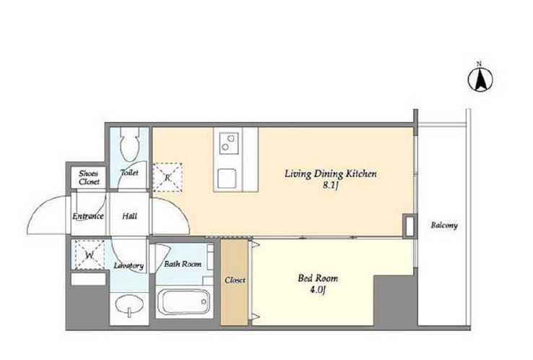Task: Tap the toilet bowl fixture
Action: [130, 145]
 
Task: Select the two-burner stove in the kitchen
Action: [229, 143]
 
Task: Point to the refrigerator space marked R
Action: [168, 177]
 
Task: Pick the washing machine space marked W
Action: [90, 255]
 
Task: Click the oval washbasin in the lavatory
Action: [129, 305]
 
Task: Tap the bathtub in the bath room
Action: [184, 301]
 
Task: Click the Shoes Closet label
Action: [89, 178]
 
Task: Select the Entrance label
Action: [87, 216]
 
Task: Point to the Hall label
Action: [129, 216]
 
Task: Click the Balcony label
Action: [444, 226]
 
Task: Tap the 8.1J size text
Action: [330, 186]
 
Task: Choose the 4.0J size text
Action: [318, 291]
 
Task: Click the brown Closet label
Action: [235, 280]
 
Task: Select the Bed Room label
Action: [318, 278]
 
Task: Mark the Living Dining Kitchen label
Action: [330, 174]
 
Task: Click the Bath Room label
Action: [183, 264]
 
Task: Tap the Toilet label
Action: [130, 173]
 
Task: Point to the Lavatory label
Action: [129, 266]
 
